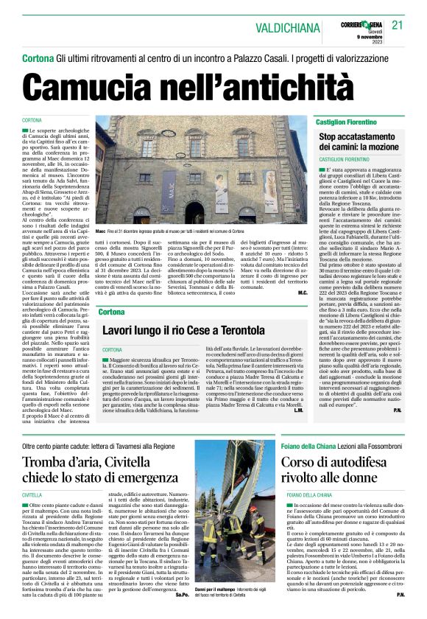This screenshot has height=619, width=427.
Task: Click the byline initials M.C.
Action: (x=302, y=292)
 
